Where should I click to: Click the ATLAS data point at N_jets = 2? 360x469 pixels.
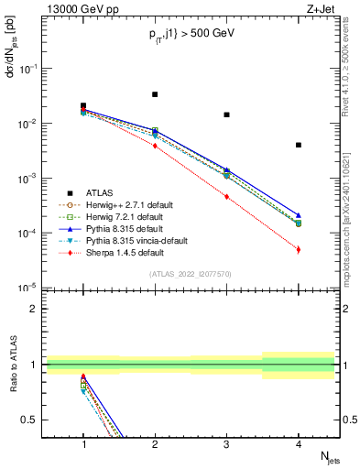[x=155, y=94]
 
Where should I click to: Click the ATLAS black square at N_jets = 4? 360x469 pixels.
[x=299, y=145]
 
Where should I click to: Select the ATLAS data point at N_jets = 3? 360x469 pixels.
[x=226, y=115]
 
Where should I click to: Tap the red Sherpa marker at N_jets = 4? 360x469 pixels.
[x=299, y=249]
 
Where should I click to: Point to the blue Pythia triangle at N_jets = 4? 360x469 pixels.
[x=299, y=214]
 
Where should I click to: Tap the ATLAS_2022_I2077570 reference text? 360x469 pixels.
[x=191, y=275]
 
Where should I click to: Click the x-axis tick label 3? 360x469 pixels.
[x=226, y=444]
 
